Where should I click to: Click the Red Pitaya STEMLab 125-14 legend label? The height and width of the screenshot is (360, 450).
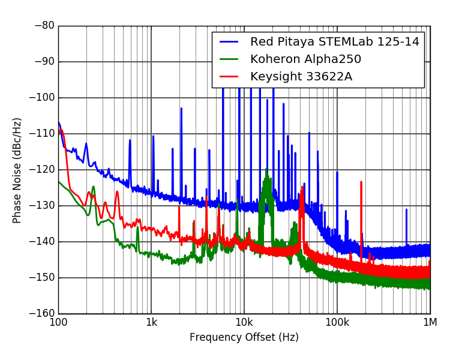pos(335,42)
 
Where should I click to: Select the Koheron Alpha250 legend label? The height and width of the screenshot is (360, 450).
pos(305,59)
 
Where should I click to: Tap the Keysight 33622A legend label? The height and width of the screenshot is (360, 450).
pos(301,76)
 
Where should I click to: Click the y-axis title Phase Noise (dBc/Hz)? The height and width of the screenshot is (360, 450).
pos(17,170)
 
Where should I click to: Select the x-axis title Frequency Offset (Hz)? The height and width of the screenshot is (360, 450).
pos(244,337)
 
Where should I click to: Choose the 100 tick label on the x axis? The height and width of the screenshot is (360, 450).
pos(58,322)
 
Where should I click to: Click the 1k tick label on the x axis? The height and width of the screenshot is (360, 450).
pos(151,322)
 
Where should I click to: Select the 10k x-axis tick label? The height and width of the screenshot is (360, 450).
pos(244,322)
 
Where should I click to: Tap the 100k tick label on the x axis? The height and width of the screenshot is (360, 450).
pos(337,322)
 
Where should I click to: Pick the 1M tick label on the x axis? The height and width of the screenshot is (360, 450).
pos(430,322)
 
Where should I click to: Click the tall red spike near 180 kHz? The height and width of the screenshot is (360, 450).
pos(361,182)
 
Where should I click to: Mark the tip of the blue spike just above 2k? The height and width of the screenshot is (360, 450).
pos(181,109)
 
